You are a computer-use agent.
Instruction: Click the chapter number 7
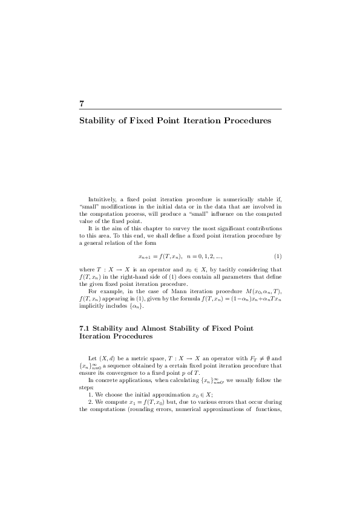coord(81,103)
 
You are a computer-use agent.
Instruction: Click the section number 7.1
coord(87,328)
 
